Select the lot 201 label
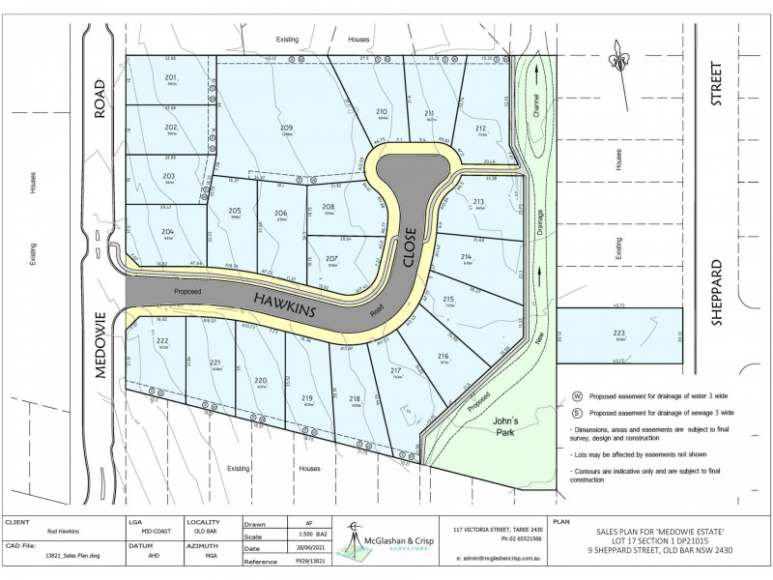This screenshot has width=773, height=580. coord(171,76)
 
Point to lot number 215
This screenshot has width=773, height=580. coord(448,300)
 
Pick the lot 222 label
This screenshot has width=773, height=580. coord(162,341)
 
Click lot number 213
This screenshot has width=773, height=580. coord(478,201)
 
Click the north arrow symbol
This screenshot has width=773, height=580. coord(617,60)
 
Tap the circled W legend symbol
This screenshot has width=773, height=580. coord(578,395)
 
